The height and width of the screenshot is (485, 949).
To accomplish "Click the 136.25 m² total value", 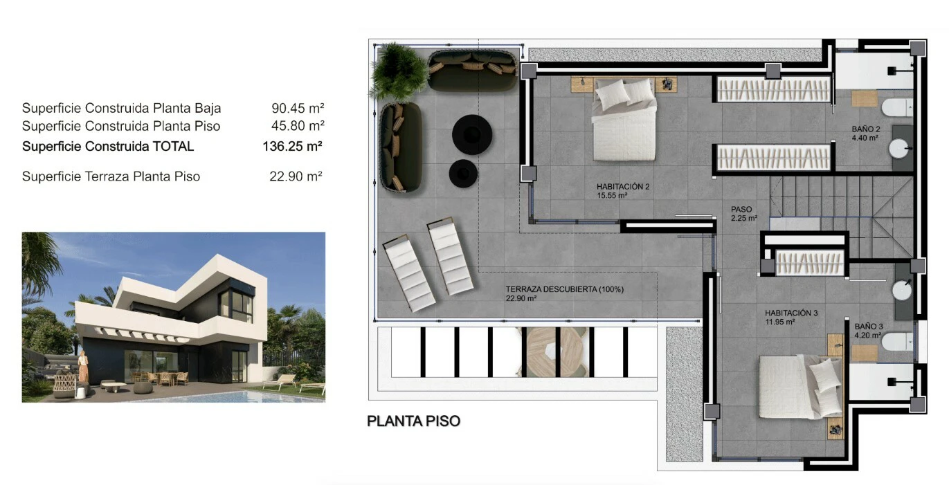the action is (x=292, y=146).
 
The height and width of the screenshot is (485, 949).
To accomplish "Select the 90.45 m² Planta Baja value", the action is (x=298, y=108).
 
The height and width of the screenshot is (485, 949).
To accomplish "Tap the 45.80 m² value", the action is (x=298, y=126).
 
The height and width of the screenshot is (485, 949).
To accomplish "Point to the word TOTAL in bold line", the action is (x=173, y=146).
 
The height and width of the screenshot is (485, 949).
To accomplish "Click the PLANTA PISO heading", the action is (x=413, y=421).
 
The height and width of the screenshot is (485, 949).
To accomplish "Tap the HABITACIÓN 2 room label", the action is (x=623, y=186).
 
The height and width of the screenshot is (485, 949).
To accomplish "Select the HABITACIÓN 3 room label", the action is (x=791, y=313).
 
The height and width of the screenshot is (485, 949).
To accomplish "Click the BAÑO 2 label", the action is (x=866, y=129).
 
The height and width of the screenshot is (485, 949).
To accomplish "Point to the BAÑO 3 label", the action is (x=869, y=327).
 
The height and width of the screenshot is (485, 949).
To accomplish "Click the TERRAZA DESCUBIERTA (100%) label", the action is (x=564, y=289).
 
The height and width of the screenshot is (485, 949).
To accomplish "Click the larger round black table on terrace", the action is (x=472, y=135).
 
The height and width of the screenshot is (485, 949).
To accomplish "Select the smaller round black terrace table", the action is (x=463, y=173).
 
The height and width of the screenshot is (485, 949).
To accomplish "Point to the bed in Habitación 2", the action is (x=624, y=120).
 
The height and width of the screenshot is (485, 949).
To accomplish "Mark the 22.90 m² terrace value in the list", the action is (x=296, y=176).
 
